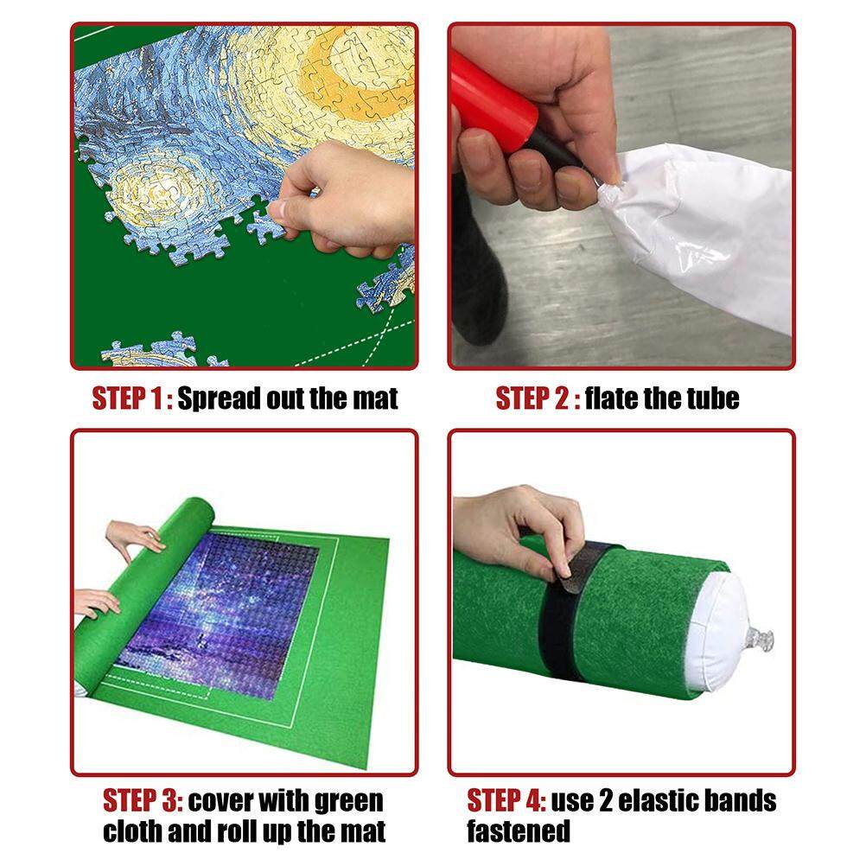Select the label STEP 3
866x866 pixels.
(x=143, y=801)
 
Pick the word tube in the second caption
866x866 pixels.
(x=713, y=398)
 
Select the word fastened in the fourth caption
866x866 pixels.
(x=519, y=831)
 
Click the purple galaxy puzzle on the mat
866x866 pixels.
(x=221, y=613)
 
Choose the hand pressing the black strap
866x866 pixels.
(x=519, y=530)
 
